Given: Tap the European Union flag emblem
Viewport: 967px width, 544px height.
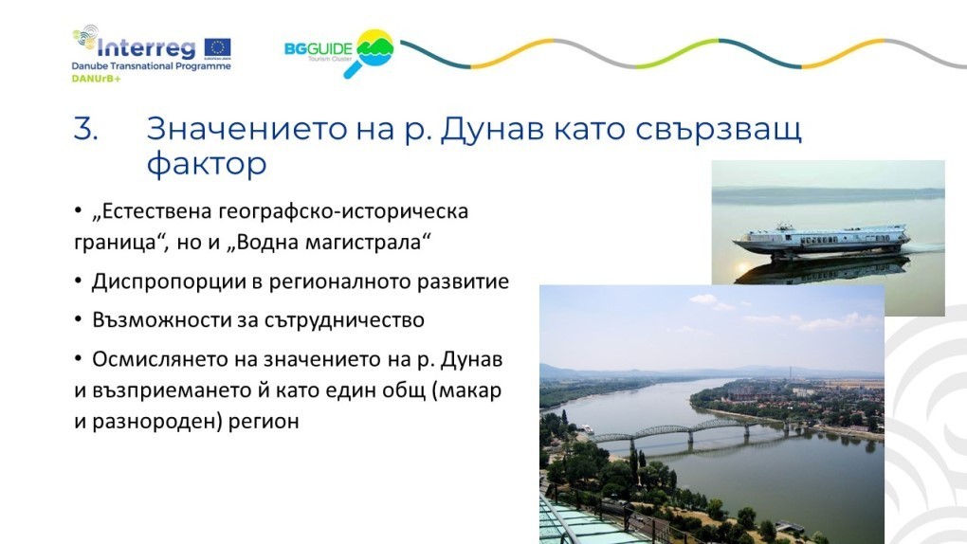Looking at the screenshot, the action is (x=218, y=47).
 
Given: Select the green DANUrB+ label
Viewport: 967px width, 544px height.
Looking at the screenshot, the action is (x=96, y=79).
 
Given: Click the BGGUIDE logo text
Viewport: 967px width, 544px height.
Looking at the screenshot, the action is (x=319, y=48).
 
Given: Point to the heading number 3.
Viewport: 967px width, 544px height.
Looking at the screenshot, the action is (x=85, y=129).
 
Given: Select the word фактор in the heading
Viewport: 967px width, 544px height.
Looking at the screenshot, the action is (x=207, y=164).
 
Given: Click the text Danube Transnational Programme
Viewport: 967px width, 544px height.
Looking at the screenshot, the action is (x=151, y=66).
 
